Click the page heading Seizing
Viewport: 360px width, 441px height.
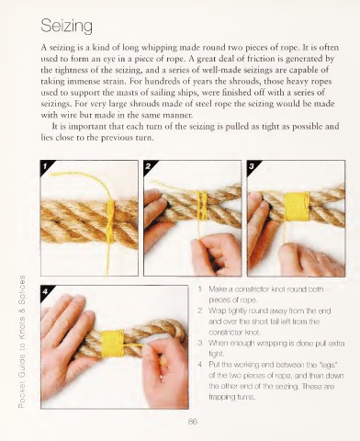coord(66,26)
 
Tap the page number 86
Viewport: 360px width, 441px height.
coord(193,422)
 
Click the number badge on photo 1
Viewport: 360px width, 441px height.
coord(45,166)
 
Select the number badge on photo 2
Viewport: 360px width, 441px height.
coord(148,166)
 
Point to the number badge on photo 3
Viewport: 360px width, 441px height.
coord(252,166)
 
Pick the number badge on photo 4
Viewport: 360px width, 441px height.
coord(45,291)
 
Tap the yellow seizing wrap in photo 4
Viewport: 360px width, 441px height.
coord(113,344)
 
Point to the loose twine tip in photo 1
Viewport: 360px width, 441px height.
coord(51,175)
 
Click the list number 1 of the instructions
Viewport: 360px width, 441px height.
coord(199,288)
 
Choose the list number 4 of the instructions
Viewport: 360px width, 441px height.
coord(200,365)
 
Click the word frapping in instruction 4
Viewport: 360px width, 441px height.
coord(220,398)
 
